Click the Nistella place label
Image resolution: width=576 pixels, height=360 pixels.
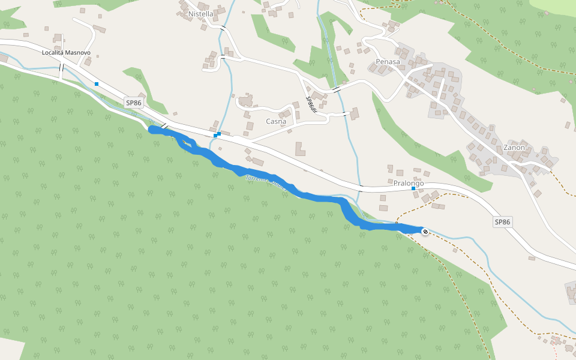(x=201, y=14)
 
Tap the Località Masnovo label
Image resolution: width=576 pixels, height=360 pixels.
(x=66, y=53)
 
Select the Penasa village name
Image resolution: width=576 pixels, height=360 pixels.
(x=388, y=62)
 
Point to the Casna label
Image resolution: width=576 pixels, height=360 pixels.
(x=275, y=121)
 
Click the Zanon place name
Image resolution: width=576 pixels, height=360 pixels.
(x=514, y=148)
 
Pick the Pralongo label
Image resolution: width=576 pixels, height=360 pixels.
(x=409, y=183)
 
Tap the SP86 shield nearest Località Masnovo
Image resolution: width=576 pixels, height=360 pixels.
(x=134, y=103)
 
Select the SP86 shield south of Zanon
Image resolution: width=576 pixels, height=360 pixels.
(x=502, y=222)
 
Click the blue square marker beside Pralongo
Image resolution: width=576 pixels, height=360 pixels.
(x=413, y=189)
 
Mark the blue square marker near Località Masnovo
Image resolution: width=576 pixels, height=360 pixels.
(x=96, y=84)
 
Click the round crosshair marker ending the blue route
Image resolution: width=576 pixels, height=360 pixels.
(x=425, y=231)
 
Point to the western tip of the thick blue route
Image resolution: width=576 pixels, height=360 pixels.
(x=151, y=129)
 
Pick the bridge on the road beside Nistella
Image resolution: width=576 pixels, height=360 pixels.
(x=223, y=28)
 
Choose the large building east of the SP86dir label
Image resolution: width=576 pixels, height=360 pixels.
(x=355, y=113)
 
